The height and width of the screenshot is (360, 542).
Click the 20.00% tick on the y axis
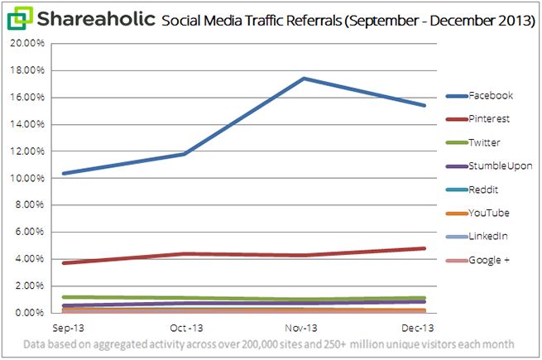(31, 44)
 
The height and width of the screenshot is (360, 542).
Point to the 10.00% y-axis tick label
(31, 179)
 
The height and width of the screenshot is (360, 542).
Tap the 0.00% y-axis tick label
(33, 314)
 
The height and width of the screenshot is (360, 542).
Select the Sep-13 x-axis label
(64, 328)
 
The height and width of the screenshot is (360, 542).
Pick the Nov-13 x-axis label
(305, 328)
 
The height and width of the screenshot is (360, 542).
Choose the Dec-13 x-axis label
(424, 328)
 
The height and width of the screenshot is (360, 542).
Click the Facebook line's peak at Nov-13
(305, 79)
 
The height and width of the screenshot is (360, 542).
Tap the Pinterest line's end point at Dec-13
(424, 248)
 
